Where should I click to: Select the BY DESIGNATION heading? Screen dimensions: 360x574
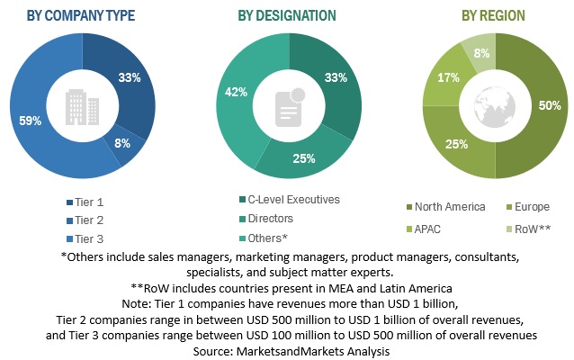pos(287,15)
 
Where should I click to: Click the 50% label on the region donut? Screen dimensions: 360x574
pos(547,105)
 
